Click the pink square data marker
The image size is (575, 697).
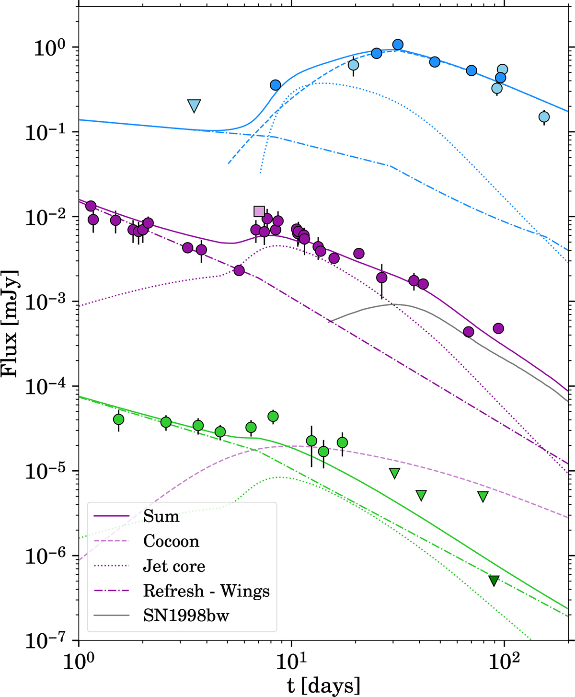tap(259, 211)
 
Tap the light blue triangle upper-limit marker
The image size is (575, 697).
tap(194, 105)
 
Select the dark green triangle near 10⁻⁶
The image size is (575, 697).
tap(494, 581)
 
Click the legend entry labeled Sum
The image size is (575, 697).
tap(161, 516)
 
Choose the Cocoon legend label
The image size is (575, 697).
tap(171, 541)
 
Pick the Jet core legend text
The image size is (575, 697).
tap(174, 566)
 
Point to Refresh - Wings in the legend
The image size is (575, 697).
tap(206, 591)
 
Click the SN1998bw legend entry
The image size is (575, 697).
tap(186, 616)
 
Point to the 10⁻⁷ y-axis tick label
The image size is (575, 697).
tap(46, 640)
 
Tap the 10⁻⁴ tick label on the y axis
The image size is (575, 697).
tap(46, 386)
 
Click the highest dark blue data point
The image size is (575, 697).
tap(398, 45)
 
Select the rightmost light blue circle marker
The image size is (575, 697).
tap(544, 116)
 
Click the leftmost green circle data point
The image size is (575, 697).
tap(119, 419)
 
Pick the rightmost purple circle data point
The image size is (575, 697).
tap(498, 328)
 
